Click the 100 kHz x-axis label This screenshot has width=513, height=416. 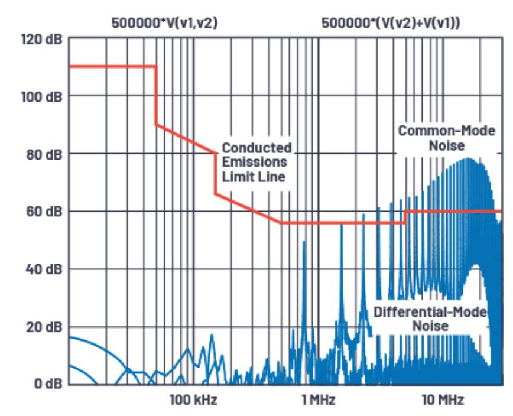(193, 400)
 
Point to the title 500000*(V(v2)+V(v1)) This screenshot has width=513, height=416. (391, 24)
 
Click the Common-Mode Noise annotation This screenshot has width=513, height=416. (447, 138)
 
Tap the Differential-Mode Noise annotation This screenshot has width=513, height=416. (430, 318)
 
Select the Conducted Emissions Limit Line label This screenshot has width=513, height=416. (256, 161)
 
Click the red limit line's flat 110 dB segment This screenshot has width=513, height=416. (112, 66)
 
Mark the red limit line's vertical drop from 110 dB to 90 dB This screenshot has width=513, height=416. (156, 95)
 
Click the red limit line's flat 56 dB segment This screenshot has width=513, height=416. (343, 223)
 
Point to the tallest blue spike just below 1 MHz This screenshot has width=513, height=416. (304, 248)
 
